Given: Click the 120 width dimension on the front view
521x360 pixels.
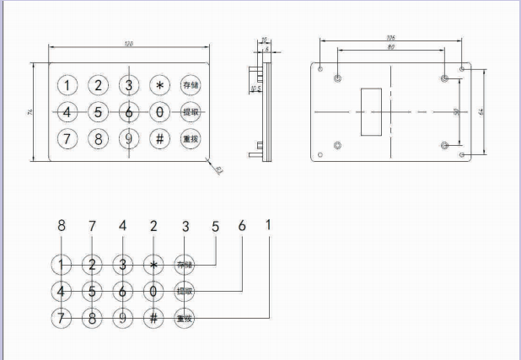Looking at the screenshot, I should [x=129, y=44].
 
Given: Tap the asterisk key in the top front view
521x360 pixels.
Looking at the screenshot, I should [x=158, y=84].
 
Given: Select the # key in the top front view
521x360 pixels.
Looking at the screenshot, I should [x=158, y=138].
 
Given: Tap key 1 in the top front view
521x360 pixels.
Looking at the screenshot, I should [x=67, y=84].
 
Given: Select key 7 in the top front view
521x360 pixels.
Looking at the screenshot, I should [x=67, y=138].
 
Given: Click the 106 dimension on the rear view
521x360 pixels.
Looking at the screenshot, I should [x=389, y=38].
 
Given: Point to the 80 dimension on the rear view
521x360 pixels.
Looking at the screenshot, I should [x=390, y=47].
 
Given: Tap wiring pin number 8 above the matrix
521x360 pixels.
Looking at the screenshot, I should [x=61, y=226].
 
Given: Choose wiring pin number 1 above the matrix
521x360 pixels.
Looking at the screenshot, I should [x=268, y=225].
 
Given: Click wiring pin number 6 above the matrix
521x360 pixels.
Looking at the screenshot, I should [x=242, y=226].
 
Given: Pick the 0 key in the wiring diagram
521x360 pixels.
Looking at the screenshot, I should [x=153, y=292].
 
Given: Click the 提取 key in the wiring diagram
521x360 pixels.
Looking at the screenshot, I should [x=185, y=292].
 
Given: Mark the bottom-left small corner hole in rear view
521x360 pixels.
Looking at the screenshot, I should [x=320, y=155].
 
